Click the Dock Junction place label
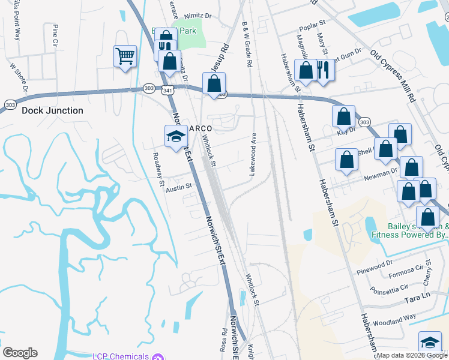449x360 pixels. click(52, 111)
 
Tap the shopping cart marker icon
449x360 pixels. click(125, 57)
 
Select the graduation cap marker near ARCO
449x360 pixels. click(175, 136)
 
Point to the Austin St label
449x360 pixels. click(178, 187)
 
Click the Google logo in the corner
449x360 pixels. click(20, 353)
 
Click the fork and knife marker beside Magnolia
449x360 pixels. click(324, 70)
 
